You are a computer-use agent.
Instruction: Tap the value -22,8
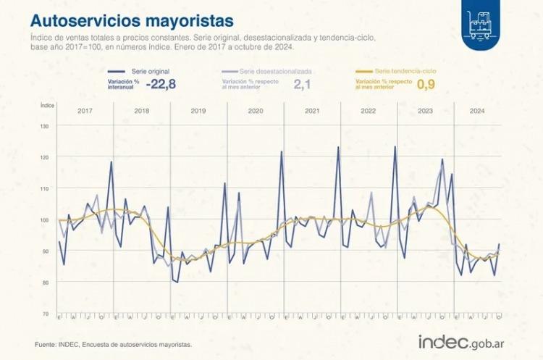click(161, 84)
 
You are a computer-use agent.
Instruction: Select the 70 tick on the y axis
click(46, 313)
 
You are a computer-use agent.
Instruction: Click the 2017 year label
click(85, 112)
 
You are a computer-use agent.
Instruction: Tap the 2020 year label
click(255, 112)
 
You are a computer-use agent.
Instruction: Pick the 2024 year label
click(477, 112)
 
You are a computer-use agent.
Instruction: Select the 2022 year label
click(369, 112)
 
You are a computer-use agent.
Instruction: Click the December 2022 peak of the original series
click(395, 147)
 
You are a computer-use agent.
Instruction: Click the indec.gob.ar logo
click(462, 340)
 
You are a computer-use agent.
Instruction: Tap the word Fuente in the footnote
click(46, 345)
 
